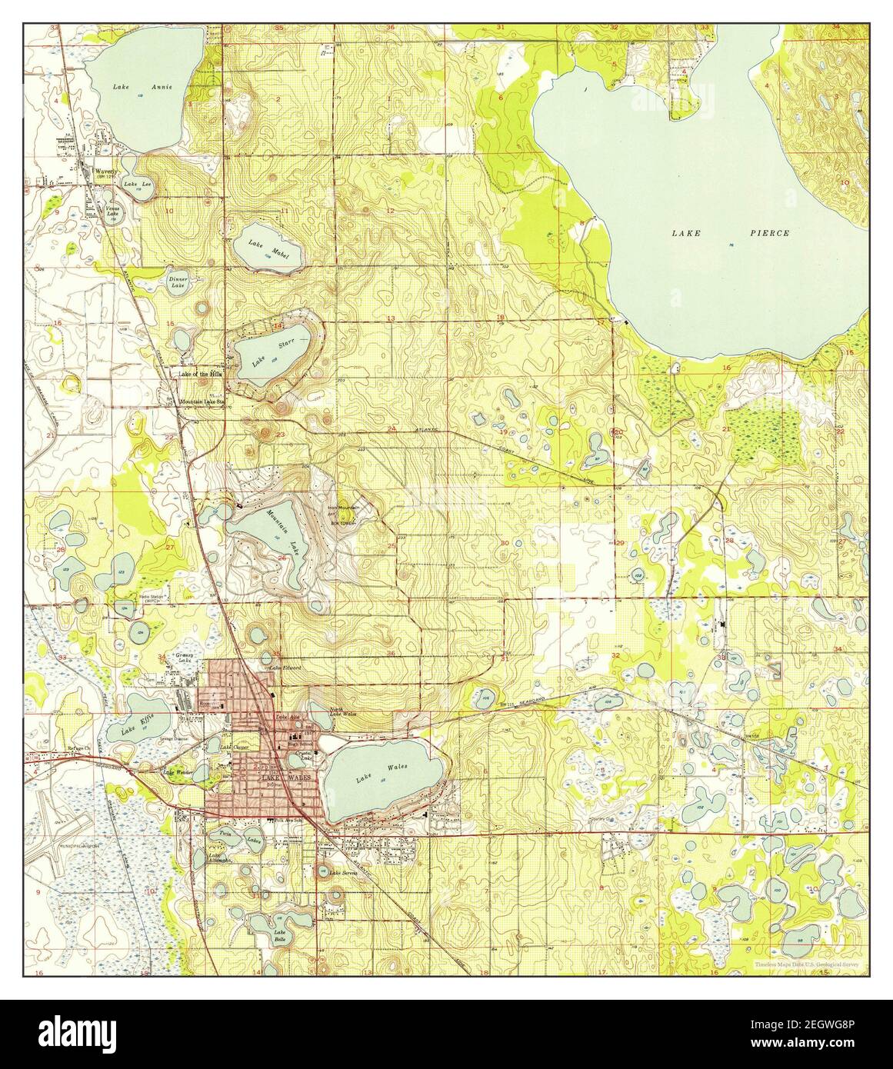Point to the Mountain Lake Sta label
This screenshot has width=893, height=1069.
point(202,401)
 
